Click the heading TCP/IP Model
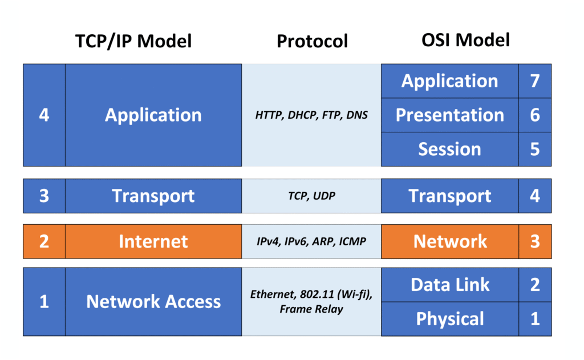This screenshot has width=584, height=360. [133, 41]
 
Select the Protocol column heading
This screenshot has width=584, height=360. [312, 41]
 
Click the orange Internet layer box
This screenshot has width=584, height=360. [153, 241]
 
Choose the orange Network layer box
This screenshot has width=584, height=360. [450, 241]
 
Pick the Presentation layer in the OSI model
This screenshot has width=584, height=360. [450, 115]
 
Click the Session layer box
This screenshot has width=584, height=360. [450, 149]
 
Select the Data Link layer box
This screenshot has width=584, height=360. [450, 285]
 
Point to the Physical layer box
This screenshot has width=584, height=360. [450, 319]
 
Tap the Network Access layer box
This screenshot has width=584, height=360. [153, 302]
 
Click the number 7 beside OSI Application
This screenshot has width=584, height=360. [535, 81]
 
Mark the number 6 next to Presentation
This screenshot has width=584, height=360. [535, 115]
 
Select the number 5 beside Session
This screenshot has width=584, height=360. [535, 149]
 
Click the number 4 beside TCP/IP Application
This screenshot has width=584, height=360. [44, 115]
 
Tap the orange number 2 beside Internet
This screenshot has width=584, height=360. [44, 241]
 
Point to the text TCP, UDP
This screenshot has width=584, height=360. [311, 196]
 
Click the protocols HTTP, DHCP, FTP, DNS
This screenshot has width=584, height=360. [311, 115]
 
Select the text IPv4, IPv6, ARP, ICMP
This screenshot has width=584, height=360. [311, 241]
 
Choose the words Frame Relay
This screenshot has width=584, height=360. [311, 310]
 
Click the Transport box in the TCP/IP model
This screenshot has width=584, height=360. [153, 196]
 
